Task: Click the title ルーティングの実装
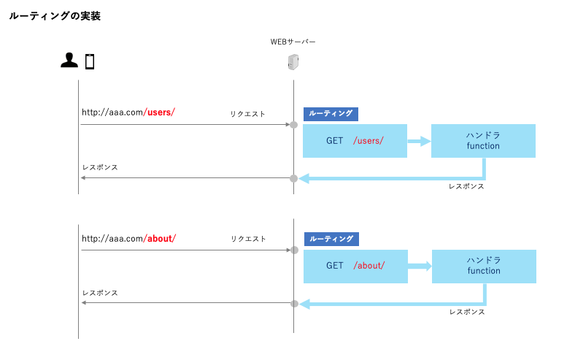(x=55, y=16)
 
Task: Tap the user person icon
(x=69, y=61)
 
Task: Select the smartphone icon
(x=90, y=61)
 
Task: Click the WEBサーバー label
(x=293, y=42)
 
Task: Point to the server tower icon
(x=293, y=63)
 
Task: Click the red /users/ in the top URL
(x=159, y=112)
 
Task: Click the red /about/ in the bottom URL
(x=160, y=238)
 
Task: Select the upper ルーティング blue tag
(x=331, y=114)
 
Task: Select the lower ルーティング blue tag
(x=331, y=239)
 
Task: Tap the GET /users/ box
(x=355, y=141)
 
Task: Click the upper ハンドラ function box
(x=483, y=141)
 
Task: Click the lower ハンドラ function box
(x=484, y=266)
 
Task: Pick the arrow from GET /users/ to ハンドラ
(x=419, y=141)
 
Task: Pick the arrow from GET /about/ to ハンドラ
(x=420, y=266)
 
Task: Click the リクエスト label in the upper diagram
(x=248, y=114)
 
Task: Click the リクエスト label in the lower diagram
(x=249, y=239)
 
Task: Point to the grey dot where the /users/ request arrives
(x=294, y=125)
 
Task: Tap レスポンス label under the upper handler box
(x=466, y=186)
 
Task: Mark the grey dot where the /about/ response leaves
(x=294, y=303)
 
